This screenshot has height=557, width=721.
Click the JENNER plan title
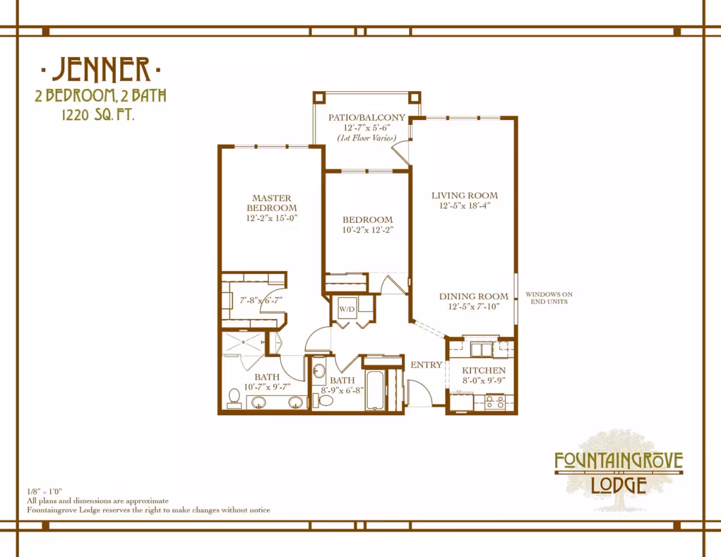pyautogui.click(x=101, y=69)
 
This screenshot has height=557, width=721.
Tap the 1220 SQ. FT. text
pyautogui.click(x=98, y=115)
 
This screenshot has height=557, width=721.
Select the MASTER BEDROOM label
pyautogui.click(x=272, y=202)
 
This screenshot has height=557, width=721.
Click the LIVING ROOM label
pyautogui.click(x=464, y=195)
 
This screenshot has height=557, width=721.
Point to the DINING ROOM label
pyautogui.click(x=473, y=296)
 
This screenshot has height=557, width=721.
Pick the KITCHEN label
pyautogui.click(x=484, y=370)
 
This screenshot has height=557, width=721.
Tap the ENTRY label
pyautogui.click(x=427, y=365)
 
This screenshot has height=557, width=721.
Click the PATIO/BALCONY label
pyautogui.click(x=367, y=117)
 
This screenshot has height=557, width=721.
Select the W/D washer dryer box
pyautogui.click(x=347, y=308)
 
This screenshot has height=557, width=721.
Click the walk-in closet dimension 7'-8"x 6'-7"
pyautogui.click(x=261, y=300)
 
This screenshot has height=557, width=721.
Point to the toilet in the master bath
pyautogui.click(x=234, y=398)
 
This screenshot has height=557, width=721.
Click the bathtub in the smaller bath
pyautogui.click(x=375, y=390)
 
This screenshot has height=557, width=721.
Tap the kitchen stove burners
pyautogui.click(x=495, y=402)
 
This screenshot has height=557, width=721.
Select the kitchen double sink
pyautogui.click(x=481, y=350)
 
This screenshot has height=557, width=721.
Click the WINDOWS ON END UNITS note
pyautogui.click(x=549, y=298)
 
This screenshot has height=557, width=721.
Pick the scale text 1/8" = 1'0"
pyautogui.click(x=44, y=492)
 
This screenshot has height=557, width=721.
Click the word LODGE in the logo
pyautogui.click(x=619, y=485)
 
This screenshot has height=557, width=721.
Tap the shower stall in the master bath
pyautogui.click(x=243, y=342)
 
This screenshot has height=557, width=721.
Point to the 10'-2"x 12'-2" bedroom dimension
pyautogui.click(x=368, y=230)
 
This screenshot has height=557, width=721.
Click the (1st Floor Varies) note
pyautogui.click(x=367, y=138)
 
